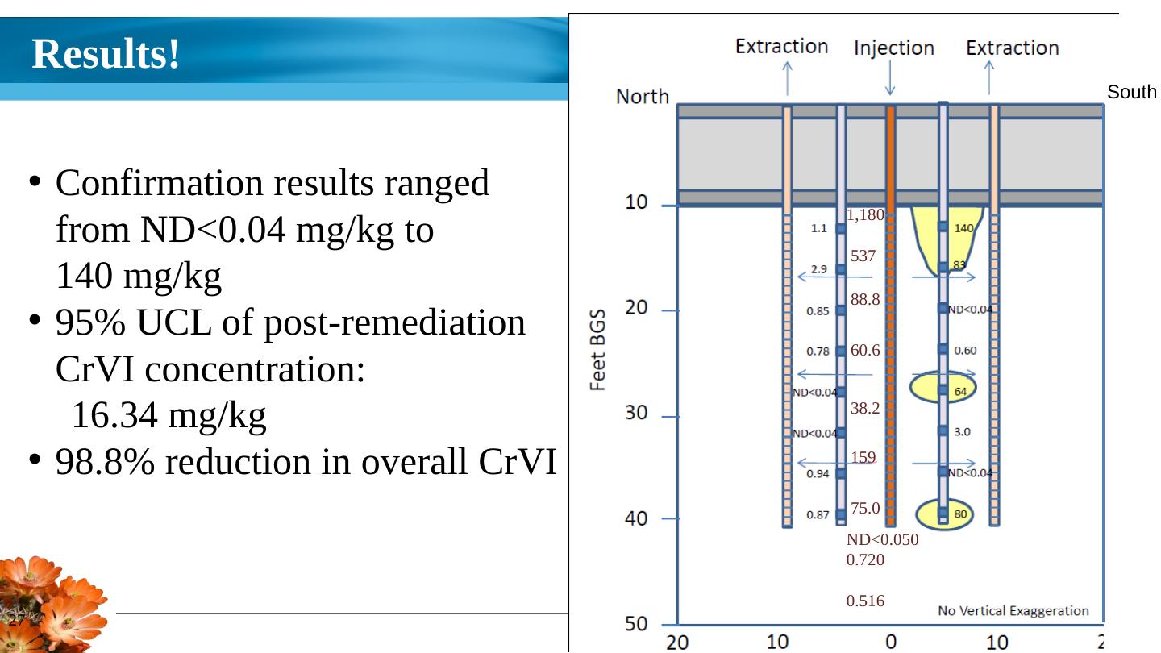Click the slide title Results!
coord(106,55)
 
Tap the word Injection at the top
coord(893,48)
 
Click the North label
coord(643,97)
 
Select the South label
coord(1131,93)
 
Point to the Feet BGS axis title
coord(598,351)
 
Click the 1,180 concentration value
coord(866,215)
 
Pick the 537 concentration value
coord(863,256)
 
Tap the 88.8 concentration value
coord(865,300)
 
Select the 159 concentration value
coord(863,458)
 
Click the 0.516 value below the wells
coord(865,601)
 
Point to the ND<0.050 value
coord(882,540)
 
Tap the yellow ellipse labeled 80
coord(945,514)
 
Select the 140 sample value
coord(964,228)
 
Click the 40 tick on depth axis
coord(637,518)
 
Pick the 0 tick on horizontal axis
coord(891,642)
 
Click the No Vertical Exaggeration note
coord(1013,611)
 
